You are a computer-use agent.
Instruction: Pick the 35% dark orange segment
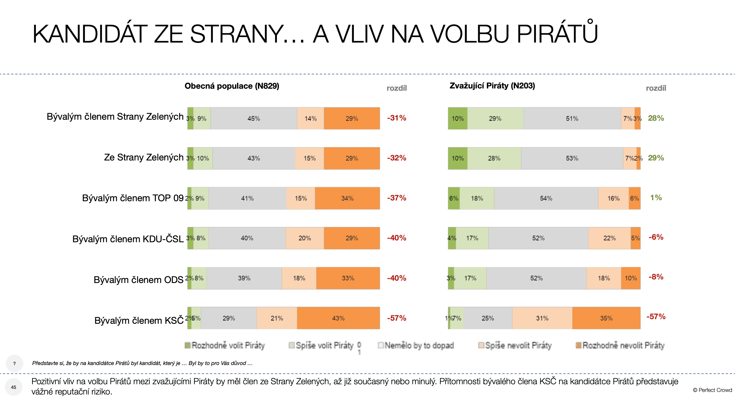(606, 318)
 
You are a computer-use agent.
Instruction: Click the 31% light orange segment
(542, 318)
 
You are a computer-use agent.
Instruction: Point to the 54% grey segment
(546, 198)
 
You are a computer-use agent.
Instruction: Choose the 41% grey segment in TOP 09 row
(247, 198)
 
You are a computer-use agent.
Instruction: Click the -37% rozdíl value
(396, 198)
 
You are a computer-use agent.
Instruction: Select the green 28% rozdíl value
(656, 118)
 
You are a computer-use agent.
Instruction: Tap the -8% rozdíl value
(656, 277)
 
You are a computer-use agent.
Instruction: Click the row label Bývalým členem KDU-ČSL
(128, 239)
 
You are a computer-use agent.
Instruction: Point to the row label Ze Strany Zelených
(143, 157)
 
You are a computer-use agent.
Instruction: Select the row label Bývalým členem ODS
(138, 280)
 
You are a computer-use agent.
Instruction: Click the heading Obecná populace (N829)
(232, 86)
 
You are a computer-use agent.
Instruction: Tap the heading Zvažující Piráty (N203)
(492, 86)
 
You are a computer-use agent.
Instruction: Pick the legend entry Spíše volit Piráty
(321, 346)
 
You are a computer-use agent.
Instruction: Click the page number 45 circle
(13, 387)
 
